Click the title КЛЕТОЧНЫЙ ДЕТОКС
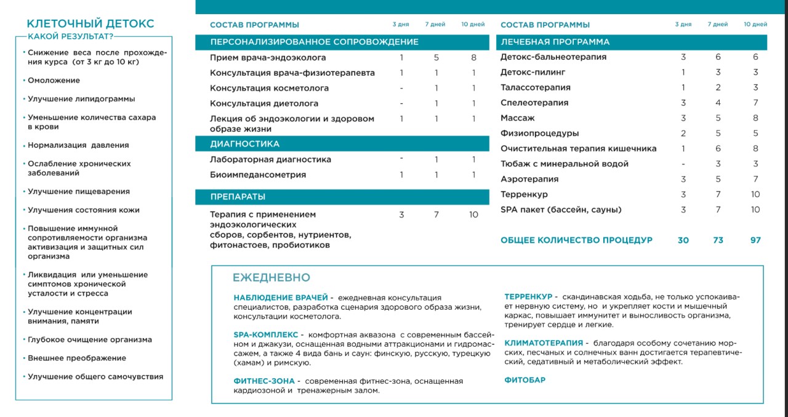coord(90,24)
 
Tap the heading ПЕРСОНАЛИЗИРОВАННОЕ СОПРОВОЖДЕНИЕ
coord(314,42)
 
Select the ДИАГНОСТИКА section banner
coord(245,144)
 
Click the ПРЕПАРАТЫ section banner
coord(238,197)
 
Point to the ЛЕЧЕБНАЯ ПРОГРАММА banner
coord(555,42)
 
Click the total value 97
coord(755,240)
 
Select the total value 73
coord(718,240)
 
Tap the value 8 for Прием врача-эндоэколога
coord(473,57)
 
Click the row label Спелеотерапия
coord(534,103)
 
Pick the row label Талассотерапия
coord(536,87)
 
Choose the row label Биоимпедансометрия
coord(258,175)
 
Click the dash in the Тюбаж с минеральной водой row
coord(683,164)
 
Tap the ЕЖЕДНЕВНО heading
coord(271,278)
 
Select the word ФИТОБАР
coord(525,380)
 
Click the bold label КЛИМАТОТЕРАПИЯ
coord(544,343)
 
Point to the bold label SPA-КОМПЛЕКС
coord(266,334)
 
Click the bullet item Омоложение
coord(54,81)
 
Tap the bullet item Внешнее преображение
coord(77,358)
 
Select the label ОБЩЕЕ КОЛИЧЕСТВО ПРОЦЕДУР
coord(576,240)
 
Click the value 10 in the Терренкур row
coord(755,195)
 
